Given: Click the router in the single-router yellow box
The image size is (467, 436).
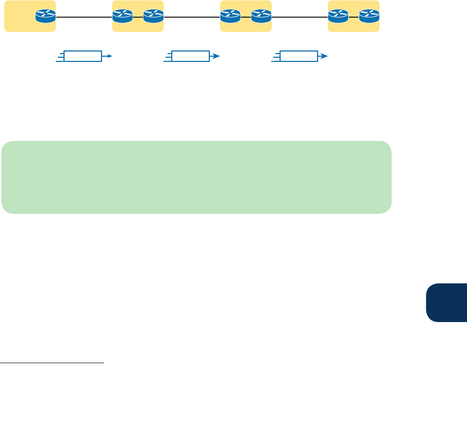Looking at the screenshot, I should pyautogui.click(x=45, y=17).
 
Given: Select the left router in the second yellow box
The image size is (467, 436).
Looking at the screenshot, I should pyautogui.click(x=122, y=17).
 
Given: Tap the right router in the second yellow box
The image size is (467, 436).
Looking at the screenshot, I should pyautogui.click(x=153, y=17).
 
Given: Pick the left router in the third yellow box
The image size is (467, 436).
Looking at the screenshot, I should pyautogui.click(x=230, y=17).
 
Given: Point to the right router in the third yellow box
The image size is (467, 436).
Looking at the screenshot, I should pyautogui.click(x=261, y=17).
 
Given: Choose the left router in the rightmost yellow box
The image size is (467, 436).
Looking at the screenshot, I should pyautogui.click(x=338, y=17).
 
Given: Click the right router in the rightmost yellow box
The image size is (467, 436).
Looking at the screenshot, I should pyautogui.click(x=369, y=17).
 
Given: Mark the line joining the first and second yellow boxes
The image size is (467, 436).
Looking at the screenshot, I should pyautogui.click(x=84, y=17).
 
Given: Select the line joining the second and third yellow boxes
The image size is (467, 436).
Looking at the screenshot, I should pyautogui.click(x=192, y=17).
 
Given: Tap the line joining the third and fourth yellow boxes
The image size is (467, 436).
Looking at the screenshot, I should pyautogui.click(x=299, y=17).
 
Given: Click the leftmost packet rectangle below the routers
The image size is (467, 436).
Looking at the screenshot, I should pyautogui.click(x=82, y=56).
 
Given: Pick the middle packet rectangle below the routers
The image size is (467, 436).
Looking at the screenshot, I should pyautogui.click(x=190, y=56).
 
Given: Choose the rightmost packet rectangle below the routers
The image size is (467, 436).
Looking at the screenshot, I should pyautogui.click(x=298, y=56).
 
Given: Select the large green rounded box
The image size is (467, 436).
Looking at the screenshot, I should pyautogui.click(x=196, y=177).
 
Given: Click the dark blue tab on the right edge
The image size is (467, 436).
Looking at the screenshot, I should pyautogui.click(x=447, y=303).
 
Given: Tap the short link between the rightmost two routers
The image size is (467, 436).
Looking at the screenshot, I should pyautogui.click(x=354, y=17).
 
